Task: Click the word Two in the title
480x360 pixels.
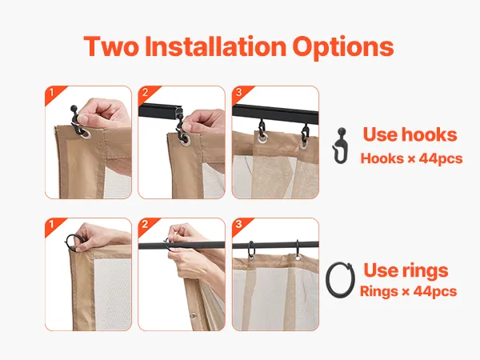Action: pyautogui.click(x=111, y=46)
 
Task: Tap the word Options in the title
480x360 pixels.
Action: pyautogui.click(x=343, y=47)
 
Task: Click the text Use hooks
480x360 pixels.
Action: pyautogui.click(x=410, y=134)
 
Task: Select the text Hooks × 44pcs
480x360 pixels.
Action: pyautogui.click(x=412, y=158)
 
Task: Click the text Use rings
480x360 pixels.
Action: pyautogui.click(x=406, y=270)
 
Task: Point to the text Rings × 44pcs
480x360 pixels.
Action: pyautogui.click(x=408, y=291)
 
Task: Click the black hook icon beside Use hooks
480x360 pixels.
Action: pyautogui.click(x=340, y=146)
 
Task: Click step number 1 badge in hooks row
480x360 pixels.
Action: pyautogui.click(x=52, y=93)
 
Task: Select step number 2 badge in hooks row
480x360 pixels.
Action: pyautogui.click(x=146, y=93)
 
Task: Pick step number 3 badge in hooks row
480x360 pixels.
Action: pyautogui.click(x=239, y=93)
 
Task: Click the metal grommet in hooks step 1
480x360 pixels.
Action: pyautogui.click(x=86, y=134)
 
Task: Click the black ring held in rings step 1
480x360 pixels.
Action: pyautogui.click(x=68, y=240)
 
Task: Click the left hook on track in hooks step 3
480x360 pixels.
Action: pyautogui.click(x=261, y=129)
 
